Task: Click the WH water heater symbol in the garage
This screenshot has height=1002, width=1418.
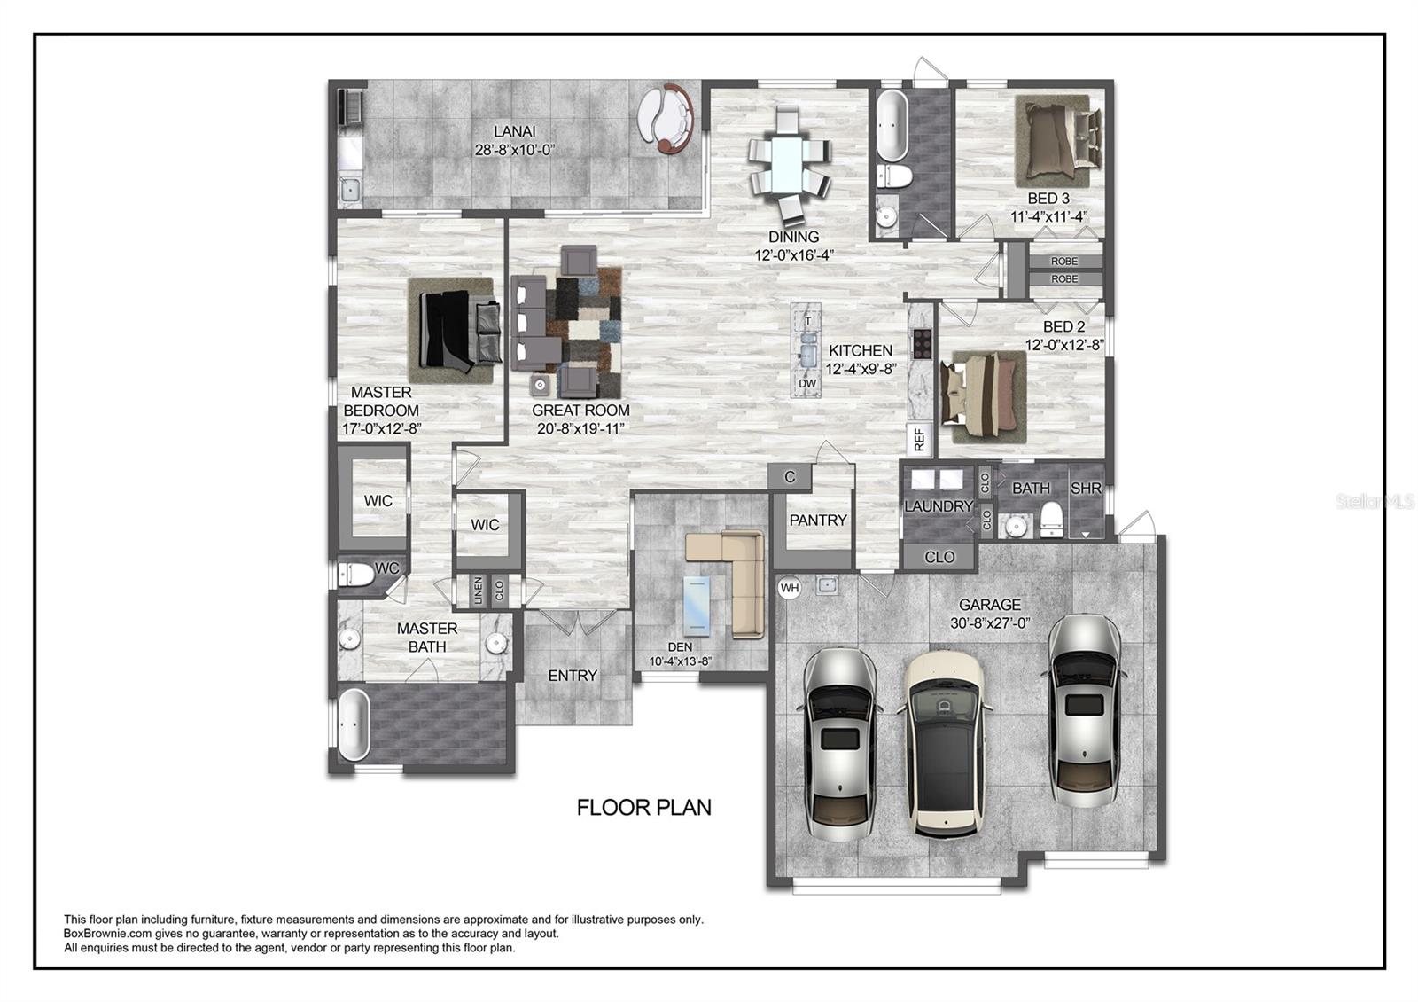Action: point(790,588)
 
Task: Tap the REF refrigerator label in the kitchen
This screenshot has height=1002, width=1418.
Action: point(920,438)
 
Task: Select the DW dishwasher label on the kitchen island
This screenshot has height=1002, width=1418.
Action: point(807,383)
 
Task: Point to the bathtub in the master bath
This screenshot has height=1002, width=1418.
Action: point(354,724)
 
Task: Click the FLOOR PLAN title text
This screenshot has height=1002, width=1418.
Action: point(643,808)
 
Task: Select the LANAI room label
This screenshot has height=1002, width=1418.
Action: point(515,132)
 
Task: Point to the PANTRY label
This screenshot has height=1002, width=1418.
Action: point(818,520)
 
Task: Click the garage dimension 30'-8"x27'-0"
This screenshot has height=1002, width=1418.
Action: point(990,623)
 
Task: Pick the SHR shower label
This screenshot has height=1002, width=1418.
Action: point(1087,489)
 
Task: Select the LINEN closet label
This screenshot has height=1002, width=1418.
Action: point(479,591)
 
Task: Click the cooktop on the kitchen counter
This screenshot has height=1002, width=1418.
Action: point(922,344)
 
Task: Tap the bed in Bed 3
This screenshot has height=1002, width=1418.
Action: point(1059,140)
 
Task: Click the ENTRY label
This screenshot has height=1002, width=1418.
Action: point(573,676)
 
